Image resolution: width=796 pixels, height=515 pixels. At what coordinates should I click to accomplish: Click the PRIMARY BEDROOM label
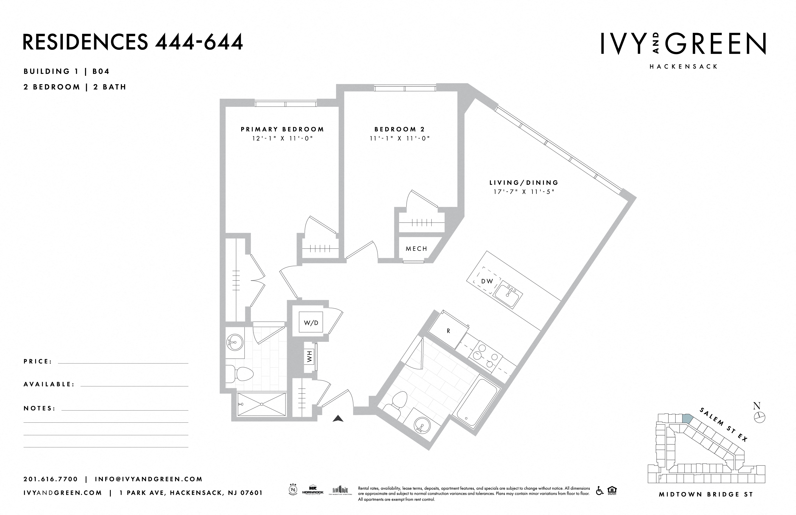[282, 129]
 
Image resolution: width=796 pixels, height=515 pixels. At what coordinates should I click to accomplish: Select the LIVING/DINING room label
[524, 183]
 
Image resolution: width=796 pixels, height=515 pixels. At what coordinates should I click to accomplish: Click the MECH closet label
[416, 248]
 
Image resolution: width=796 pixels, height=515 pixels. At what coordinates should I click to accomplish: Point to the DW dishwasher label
[487, 281]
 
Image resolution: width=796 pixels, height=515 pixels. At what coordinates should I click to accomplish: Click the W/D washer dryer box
[311, 323]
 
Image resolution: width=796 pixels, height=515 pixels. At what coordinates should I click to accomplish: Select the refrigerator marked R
[448, 331]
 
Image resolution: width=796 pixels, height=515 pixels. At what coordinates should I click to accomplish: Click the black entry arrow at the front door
[338, 418]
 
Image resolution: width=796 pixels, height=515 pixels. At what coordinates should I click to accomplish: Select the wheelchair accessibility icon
[600, 491]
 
